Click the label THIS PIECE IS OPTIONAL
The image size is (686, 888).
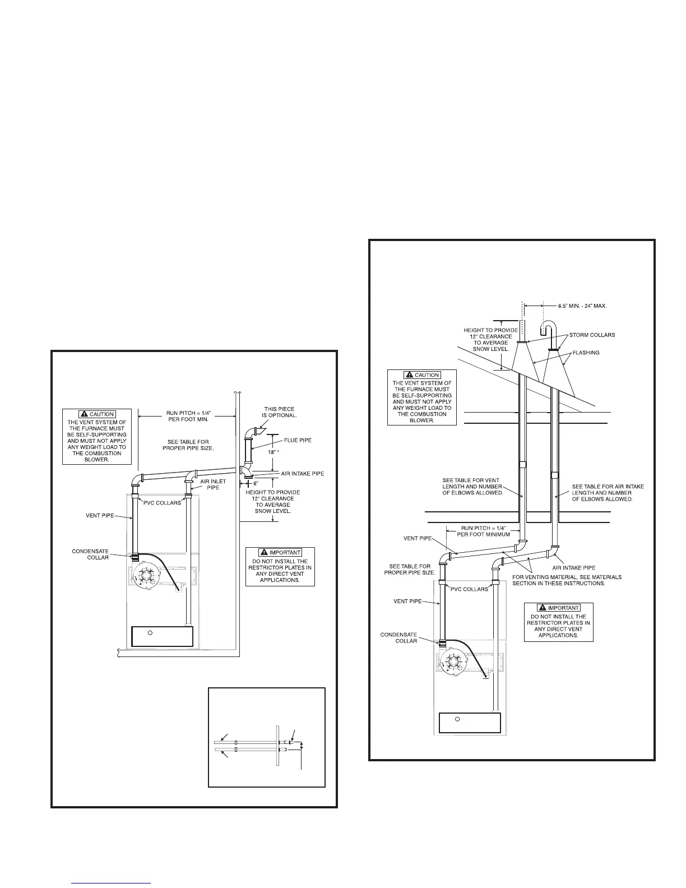279,413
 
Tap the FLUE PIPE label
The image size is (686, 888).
298,440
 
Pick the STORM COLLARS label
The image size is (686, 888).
592,335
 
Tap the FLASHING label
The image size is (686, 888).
585,353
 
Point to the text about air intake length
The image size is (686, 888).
608,493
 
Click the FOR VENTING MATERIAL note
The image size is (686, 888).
567,580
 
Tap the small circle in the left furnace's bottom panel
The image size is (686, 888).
150,633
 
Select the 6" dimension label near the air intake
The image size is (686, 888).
255,483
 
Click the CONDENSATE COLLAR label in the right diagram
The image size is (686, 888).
398,637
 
